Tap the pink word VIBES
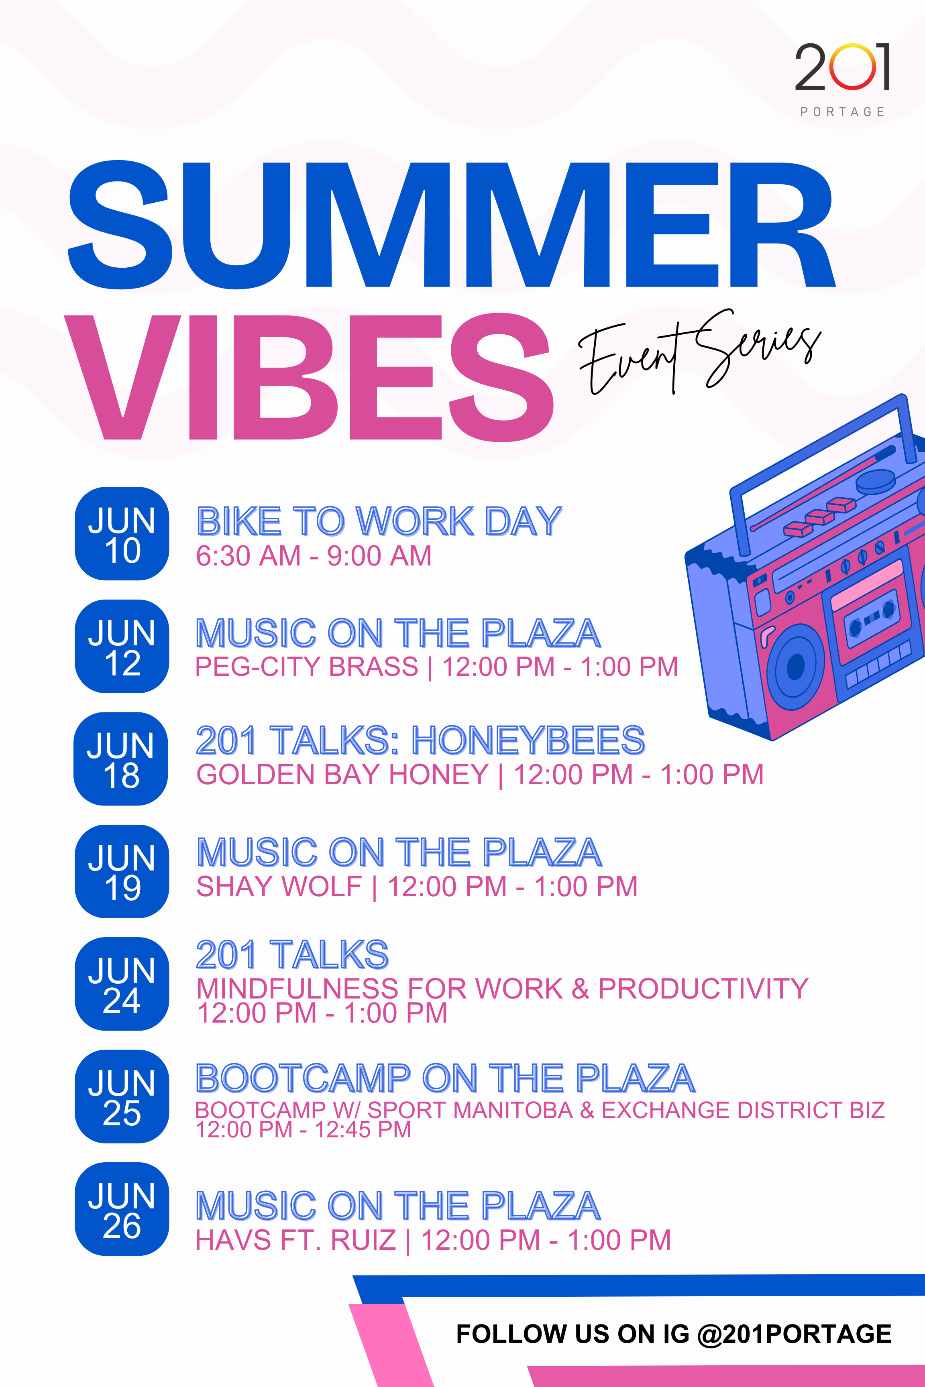click(308, 377)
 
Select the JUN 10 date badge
click(122, 534)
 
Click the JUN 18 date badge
click(121, 759)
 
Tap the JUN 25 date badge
click(122, 1097)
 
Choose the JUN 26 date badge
click(122, 1209)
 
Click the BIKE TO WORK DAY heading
click(379, 521)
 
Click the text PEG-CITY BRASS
click(307, 667)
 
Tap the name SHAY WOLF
click(279, 886)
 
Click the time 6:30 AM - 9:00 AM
click(314, 555)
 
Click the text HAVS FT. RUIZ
click(295, 1240)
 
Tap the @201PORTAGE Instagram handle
click(794, 1334)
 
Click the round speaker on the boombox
click(796, 667)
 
